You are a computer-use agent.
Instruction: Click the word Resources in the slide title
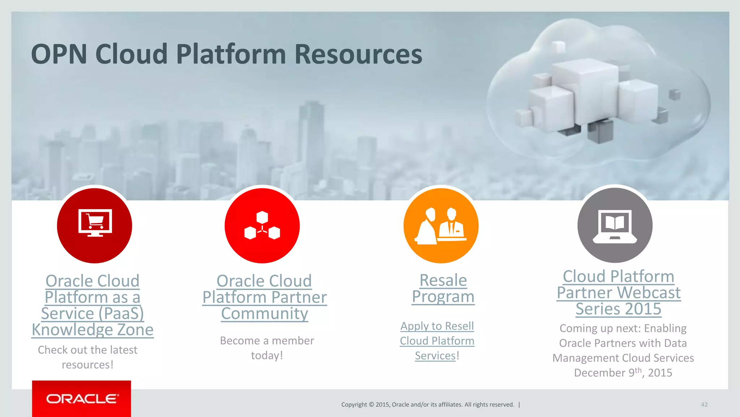(358, 54)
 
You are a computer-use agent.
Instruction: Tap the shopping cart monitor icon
(95, 223)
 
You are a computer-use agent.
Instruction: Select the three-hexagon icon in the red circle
(262, 226)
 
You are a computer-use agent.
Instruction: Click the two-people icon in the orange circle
(441, 225)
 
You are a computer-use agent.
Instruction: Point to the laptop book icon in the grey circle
(615, 226)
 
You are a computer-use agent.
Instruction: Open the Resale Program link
(443, 288)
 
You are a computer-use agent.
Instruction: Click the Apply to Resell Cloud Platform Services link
(437, 341)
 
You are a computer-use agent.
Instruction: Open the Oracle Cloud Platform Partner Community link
(264, 297)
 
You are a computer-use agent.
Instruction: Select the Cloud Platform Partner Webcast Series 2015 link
(619, 292)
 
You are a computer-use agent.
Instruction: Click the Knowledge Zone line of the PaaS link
(92, 330)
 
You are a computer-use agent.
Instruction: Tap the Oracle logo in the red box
(82, 399)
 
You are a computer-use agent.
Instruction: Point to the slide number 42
(704, 404)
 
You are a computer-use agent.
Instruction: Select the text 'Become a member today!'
(267, 348)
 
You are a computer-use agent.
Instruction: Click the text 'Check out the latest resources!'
(88, 357)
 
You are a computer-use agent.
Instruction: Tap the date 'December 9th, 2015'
(623, 372)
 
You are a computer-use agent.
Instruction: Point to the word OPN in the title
(59, 54)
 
